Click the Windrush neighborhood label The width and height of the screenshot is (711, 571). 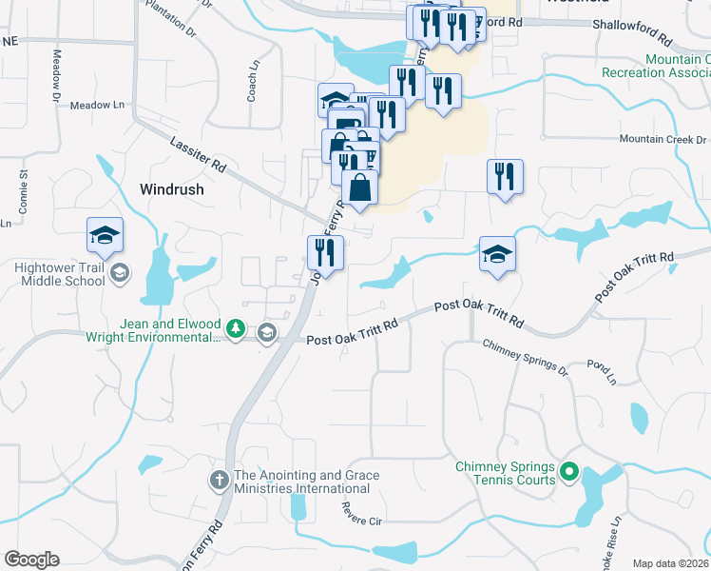[x=171, y=188]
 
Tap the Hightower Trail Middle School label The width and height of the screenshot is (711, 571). [x=59, y=274]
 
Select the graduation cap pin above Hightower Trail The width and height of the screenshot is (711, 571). [x=106, y=235]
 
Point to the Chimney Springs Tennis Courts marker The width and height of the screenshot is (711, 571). [x=569, y=471]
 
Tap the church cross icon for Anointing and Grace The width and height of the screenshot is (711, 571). [x=219, y=481]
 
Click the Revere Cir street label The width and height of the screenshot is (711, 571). [x=361, y=515]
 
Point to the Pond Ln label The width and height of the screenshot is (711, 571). [x=602, y=371]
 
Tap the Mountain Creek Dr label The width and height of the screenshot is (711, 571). [x=663, y=139]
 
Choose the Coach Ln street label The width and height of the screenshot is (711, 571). [x=253, y=82]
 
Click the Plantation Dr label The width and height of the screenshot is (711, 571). [x=170, y=18]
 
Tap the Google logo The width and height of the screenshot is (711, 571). [x=31, y=560]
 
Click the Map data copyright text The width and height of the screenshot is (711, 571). [x=671, y=563]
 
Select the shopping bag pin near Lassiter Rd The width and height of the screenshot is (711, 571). [x=360, y=187]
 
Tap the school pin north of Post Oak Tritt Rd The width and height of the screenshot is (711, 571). [x=497, y=254]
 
